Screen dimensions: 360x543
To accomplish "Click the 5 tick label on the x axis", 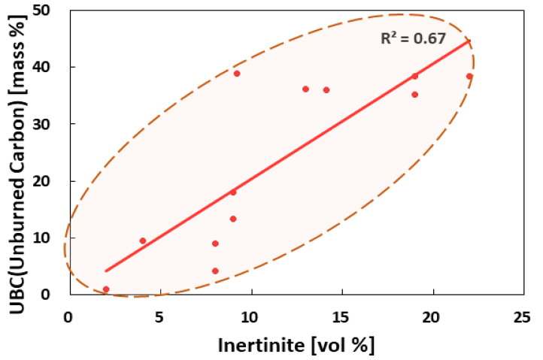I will click(x=159, y=316).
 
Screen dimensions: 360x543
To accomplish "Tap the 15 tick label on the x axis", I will click(x=341, y=316).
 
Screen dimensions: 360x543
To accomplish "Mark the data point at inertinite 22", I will click(x=469, y=76).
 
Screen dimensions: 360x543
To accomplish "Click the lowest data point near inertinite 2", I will click(x=106, y=289).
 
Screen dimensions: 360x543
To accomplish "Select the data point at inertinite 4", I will click(x=143, y=241).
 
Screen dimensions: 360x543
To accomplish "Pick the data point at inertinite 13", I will click(x=305, y=89).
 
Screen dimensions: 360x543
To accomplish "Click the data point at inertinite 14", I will click(x=326, y=90).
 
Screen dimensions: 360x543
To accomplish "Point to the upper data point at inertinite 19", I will click(x=414, y=76).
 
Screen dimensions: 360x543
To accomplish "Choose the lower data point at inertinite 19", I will click(x=414, y=95).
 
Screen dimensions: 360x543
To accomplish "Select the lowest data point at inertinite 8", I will click(x=215, y=271).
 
